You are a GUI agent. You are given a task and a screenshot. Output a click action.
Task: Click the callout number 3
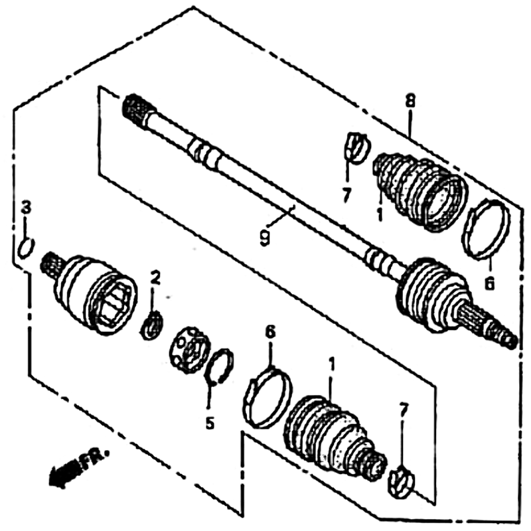tap(26, 207)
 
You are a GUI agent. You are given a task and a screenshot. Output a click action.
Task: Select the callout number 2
tap(155, 277)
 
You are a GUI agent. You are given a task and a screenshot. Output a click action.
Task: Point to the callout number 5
tap(210, 423)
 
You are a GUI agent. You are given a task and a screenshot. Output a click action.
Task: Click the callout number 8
tap(410, 102)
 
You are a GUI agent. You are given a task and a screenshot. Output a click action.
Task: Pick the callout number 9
tap(265, 238)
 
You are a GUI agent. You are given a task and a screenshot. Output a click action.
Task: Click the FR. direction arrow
tap(64, 473)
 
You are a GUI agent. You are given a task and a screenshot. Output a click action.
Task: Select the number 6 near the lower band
tap(270, 333)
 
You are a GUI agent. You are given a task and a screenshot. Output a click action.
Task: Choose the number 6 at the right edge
tap(489, 283)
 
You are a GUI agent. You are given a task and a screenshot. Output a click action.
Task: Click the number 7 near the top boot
tap(346, 196)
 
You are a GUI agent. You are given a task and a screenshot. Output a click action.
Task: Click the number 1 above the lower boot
tap(331, 364)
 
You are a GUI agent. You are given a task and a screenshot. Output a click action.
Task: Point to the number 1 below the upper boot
tap(380, 214)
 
